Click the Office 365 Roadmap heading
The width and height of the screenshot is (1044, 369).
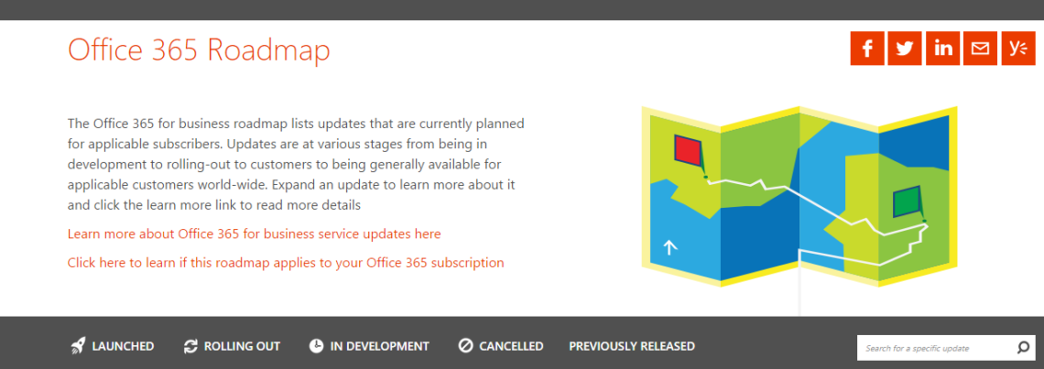point(199,50)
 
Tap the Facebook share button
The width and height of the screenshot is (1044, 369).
point(867,49)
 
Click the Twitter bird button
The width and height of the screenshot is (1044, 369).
point(905,49)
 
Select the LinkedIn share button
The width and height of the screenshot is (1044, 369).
point(942,49)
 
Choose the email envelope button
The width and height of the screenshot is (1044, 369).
point(980,49)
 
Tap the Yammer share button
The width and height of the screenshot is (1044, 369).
point(1018,49)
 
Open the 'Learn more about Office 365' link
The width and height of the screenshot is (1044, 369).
point(254,233)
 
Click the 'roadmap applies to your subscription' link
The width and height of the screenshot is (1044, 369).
point(286,263)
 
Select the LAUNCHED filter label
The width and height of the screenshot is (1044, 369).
point(124,346)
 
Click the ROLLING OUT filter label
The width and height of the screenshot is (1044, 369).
point(242,346)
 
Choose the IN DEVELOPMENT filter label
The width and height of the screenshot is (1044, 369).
point(379,346)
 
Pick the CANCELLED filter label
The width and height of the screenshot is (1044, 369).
point(511,346)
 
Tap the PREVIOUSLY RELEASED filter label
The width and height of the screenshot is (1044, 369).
point(632,346)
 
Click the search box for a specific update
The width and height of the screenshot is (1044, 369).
point(935,348)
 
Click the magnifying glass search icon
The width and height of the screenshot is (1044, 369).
point(1023,348)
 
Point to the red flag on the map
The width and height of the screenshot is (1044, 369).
point(688,150)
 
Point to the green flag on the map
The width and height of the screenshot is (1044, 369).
point(907,202)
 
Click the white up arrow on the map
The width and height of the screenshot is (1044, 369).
point(669,248)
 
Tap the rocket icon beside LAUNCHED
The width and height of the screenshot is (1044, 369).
point(78,346)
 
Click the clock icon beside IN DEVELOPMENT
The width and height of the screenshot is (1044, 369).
point(316,346)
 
